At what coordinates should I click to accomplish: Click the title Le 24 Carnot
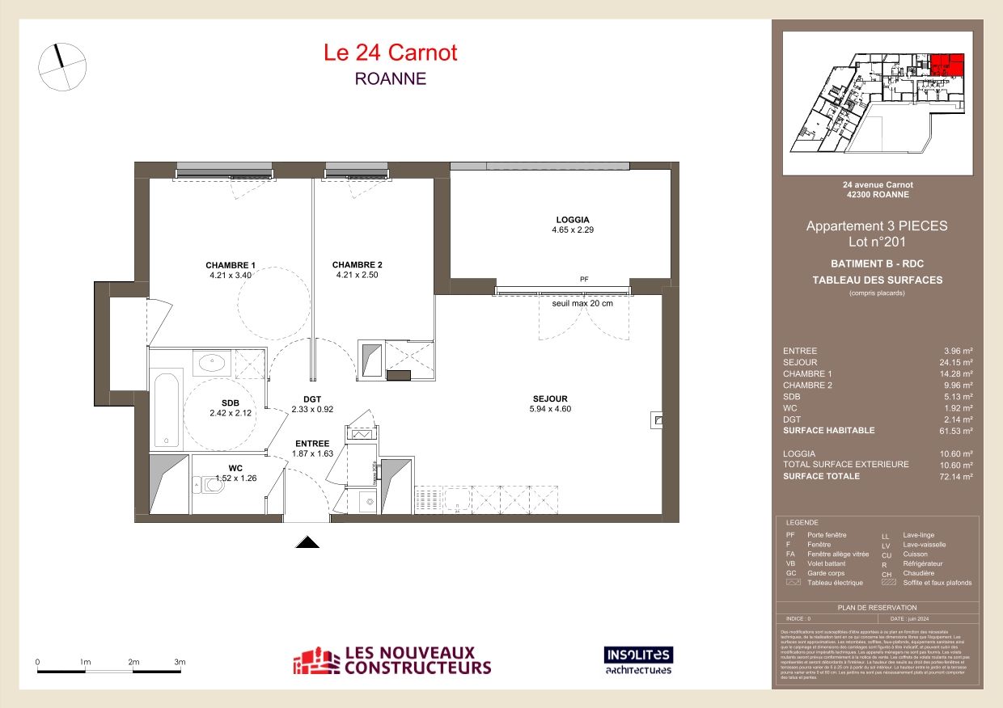(390, 53)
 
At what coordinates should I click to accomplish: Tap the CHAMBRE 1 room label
(231, 265)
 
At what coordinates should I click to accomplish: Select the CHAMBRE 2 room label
(357, 265)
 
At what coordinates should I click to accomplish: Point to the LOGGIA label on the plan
(573, 220)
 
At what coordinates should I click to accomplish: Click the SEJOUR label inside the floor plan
(550, 398)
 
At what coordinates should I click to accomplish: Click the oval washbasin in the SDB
(213, 363)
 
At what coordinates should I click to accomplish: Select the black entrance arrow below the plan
(307, 542)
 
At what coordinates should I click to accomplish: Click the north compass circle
(62, 66)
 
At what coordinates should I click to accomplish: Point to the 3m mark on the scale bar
(180, 663)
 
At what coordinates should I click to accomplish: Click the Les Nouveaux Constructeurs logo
(392, 660)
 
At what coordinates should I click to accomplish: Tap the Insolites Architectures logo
(638, 660)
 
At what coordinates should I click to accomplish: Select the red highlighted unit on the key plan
(946, 64)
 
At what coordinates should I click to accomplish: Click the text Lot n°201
(877, 242)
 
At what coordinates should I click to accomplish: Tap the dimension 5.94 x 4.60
(550, 409)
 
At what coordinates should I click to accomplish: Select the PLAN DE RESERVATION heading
(877, 607)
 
